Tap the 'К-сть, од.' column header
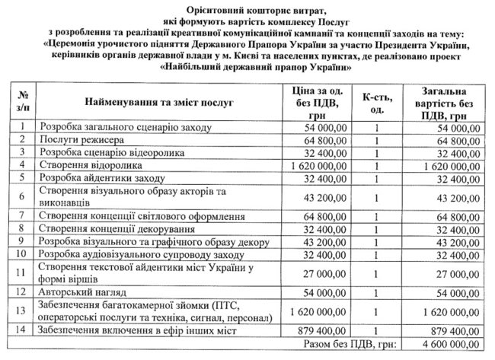[x=375, y=101]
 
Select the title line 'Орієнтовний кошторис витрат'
[x=247, y=9]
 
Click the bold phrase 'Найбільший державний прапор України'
[x=247, y=67]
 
